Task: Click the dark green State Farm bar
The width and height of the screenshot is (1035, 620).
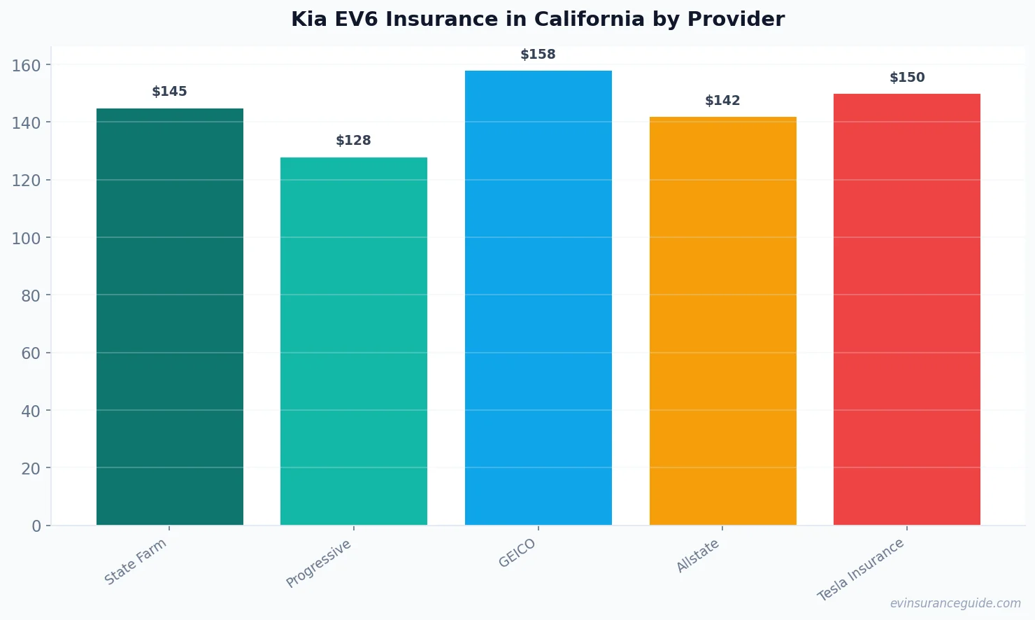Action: point(169,316)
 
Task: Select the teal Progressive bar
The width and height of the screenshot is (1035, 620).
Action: point(353,341)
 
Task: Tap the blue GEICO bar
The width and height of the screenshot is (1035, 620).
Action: point(538,297)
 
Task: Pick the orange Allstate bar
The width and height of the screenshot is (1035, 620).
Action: point(722,320)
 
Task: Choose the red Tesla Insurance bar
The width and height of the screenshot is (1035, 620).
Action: point(906,309)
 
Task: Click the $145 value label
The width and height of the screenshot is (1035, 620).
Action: point(169,92)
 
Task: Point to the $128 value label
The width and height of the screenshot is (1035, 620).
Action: point(353,141)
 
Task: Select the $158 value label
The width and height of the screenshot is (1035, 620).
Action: point(538,55)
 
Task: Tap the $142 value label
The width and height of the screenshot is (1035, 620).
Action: point(722,101)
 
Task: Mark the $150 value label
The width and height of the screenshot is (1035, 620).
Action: point(906,78)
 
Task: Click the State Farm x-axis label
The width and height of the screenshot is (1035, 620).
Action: point(136,561)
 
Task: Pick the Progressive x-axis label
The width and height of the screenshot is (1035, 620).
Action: point(318,563)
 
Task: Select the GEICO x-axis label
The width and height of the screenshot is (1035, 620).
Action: point(517,553)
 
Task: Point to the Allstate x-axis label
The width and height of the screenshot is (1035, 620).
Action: point(697,556)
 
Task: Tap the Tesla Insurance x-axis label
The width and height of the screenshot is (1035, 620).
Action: point(861,570)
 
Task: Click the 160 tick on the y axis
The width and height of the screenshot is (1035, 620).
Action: point(27,66)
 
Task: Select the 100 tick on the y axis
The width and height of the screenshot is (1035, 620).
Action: point(27,239)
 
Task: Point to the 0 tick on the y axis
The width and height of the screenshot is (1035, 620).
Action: point(36,526)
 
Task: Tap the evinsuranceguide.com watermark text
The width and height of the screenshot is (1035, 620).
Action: point(955,603)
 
